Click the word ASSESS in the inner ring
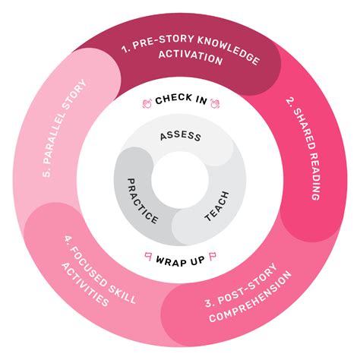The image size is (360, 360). pos(180,137)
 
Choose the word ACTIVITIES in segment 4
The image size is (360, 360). pos(86,283)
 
